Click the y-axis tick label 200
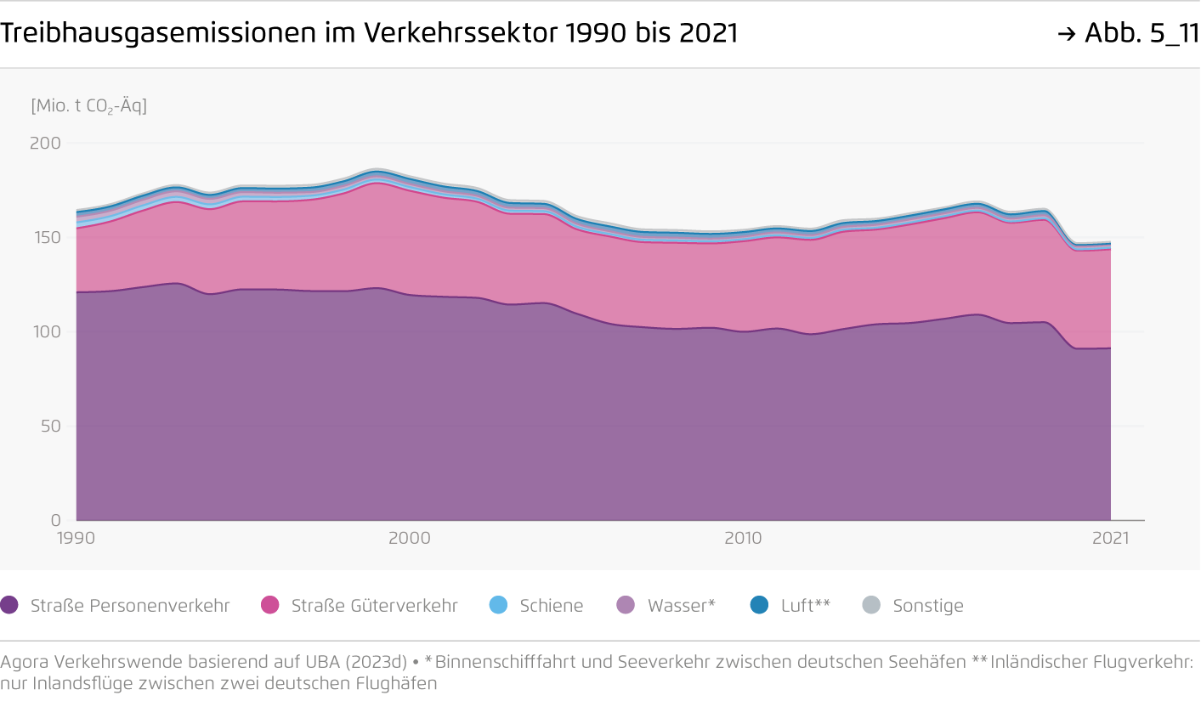(45, 143)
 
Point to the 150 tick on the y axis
(48, 237)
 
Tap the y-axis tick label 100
(48, 331)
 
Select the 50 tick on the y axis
(51, 426)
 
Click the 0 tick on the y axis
(56, 520)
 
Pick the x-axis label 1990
(76, 538)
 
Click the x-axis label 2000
(410, 538)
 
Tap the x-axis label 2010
(743, 538)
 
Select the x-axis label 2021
(1111, 538)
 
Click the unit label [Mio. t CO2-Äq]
(89, 105)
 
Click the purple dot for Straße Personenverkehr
(9, 605)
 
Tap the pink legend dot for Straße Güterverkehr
(269, 605)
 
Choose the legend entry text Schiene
(551, 606)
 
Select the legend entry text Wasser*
(682, 606)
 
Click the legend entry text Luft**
(805, 606)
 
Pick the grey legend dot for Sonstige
(871, 605)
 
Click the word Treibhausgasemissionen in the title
(158, 33)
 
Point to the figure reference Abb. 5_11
(1142, 33)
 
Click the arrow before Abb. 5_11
(1067, 34)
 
